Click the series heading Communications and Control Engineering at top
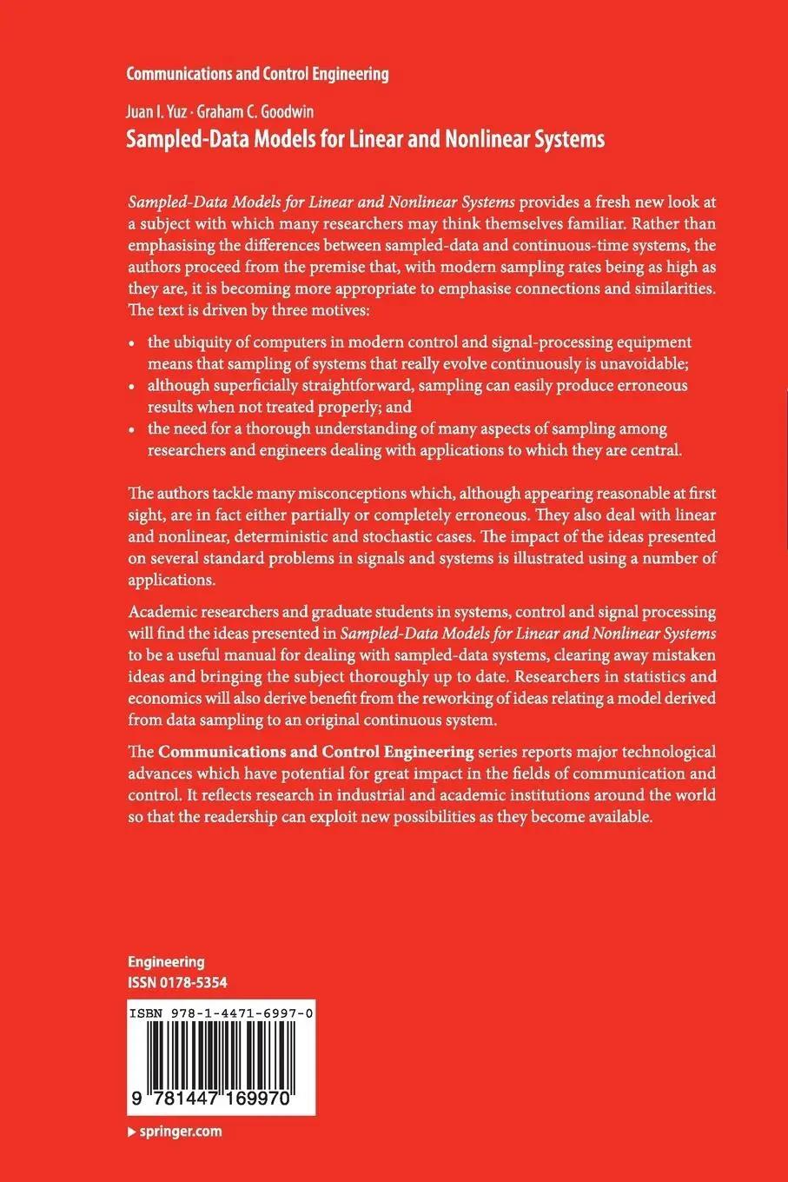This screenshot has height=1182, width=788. pos(257,74)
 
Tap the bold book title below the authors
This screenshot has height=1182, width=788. pos(365,139)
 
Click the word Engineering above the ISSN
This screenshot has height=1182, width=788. pos(166,962)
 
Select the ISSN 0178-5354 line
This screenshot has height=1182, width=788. pos(177,982)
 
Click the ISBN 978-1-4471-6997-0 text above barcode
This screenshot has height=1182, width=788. pos(221,1014)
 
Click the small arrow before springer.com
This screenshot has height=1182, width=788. pos(131,1132)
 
